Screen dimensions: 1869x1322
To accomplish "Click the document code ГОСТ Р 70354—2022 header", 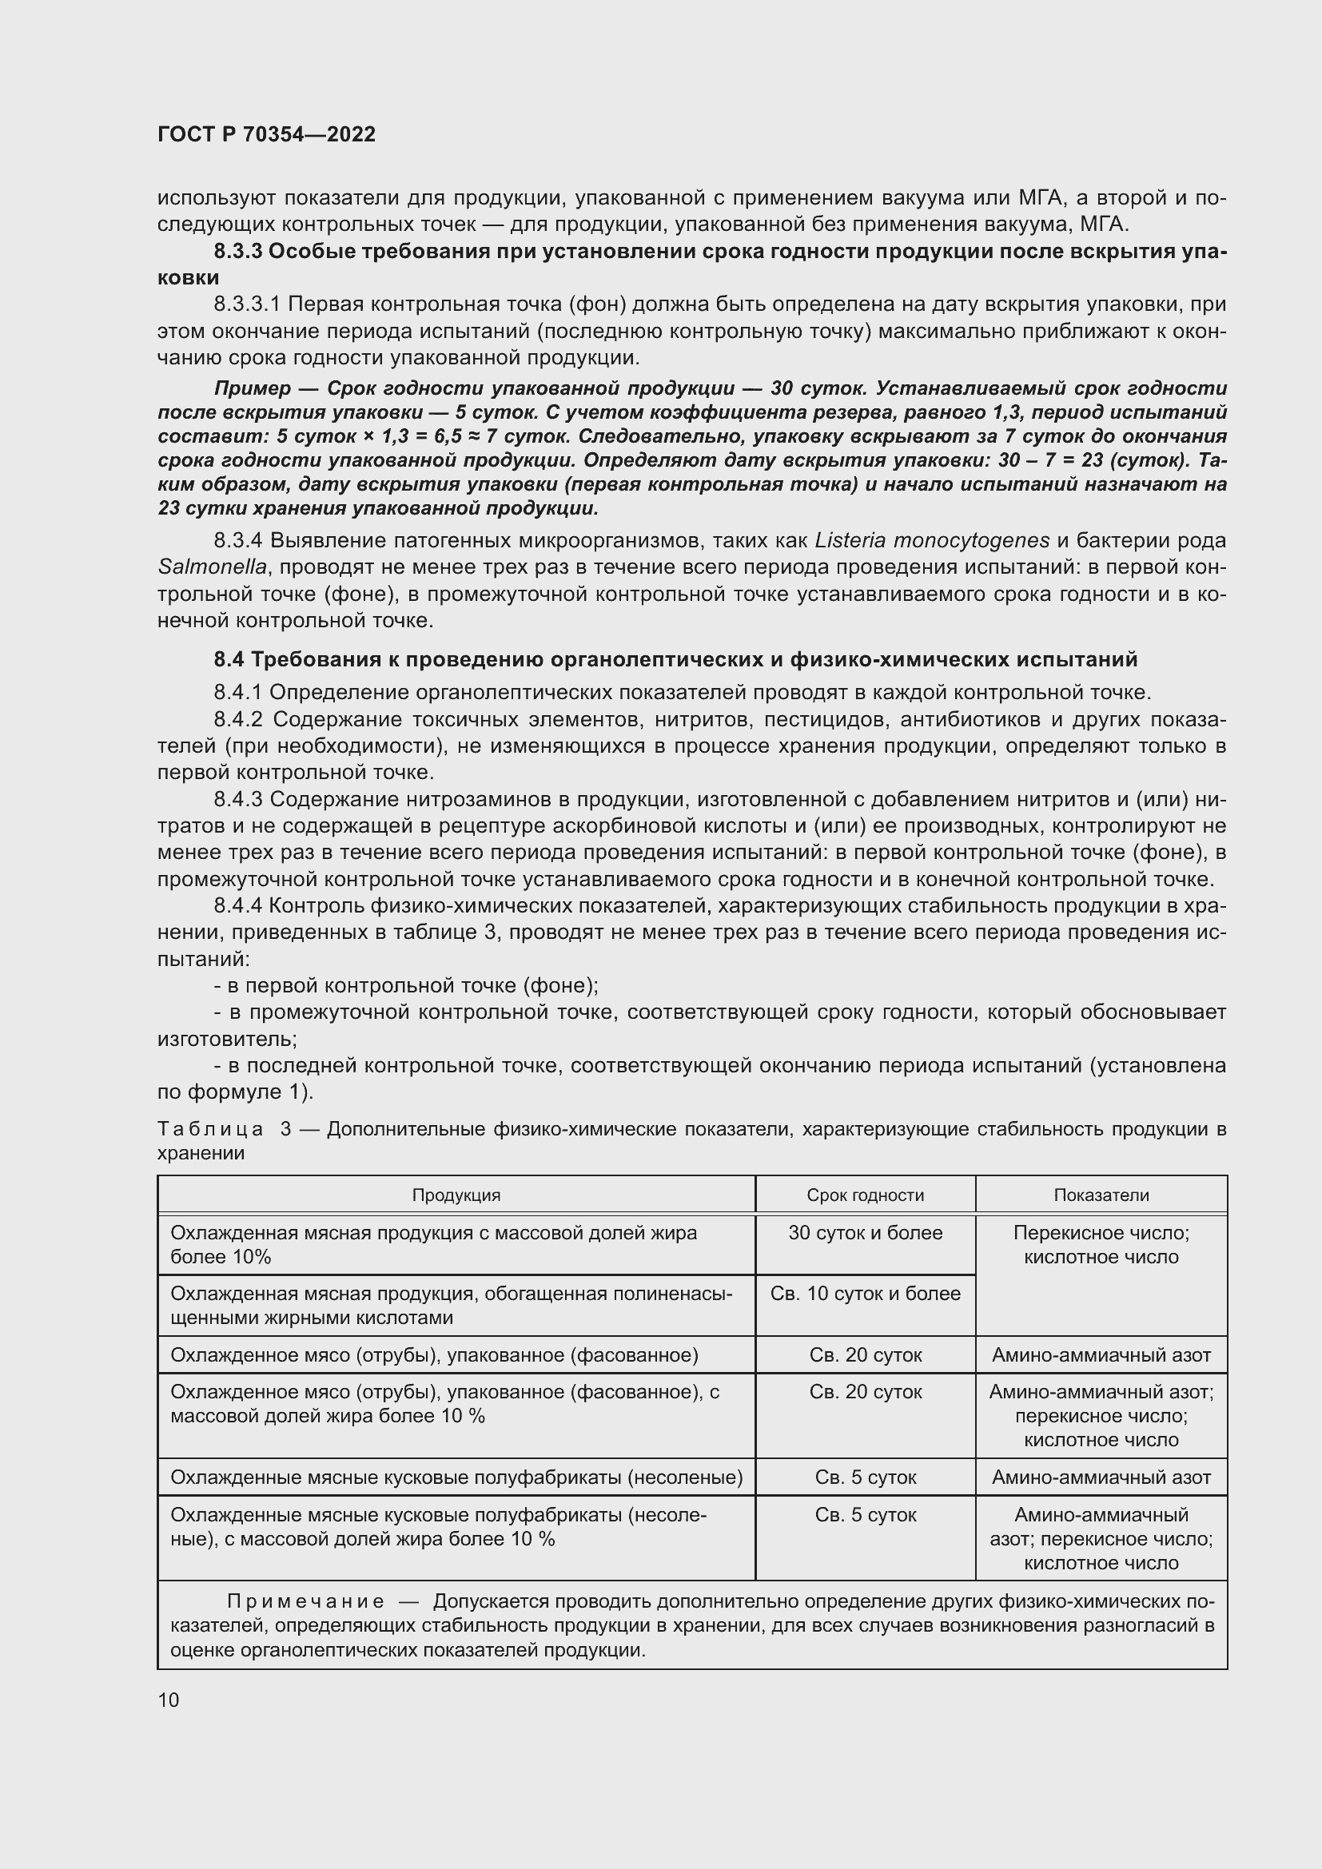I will click(x=266, y=135).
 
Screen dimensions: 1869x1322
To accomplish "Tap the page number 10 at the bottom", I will click(x=169, y=1700).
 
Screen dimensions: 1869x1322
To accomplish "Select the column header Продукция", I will click(x=456, y=1195).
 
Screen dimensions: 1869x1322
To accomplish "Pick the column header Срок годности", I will click(x=865, y=1195).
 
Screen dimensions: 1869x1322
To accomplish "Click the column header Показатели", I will click(x=1101, y=1195).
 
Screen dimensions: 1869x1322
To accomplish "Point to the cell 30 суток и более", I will click(x=865, y=1232).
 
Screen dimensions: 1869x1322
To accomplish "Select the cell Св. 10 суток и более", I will click(x=865, y=1294).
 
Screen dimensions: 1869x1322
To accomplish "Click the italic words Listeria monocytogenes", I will click(x=931, y=540).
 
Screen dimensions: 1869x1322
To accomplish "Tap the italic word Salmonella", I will click(x=212, y=567).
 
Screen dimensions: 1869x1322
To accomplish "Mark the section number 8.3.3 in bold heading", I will click(x=237, y=252).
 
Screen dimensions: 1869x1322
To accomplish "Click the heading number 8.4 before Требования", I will click(x=229, y=658).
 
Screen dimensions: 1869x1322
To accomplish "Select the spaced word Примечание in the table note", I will click(x=305, y=1602).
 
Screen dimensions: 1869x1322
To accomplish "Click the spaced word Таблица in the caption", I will click(x=210, y=1129).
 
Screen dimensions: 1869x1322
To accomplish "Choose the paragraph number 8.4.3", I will click(x=237, y=799).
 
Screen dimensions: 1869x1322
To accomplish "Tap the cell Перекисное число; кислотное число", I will click(x=1101, y=1245).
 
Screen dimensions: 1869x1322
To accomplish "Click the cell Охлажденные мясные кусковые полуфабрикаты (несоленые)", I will click(x=456, y=1477).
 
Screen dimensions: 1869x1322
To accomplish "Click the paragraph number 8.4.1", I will click(x=237, y=693).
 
